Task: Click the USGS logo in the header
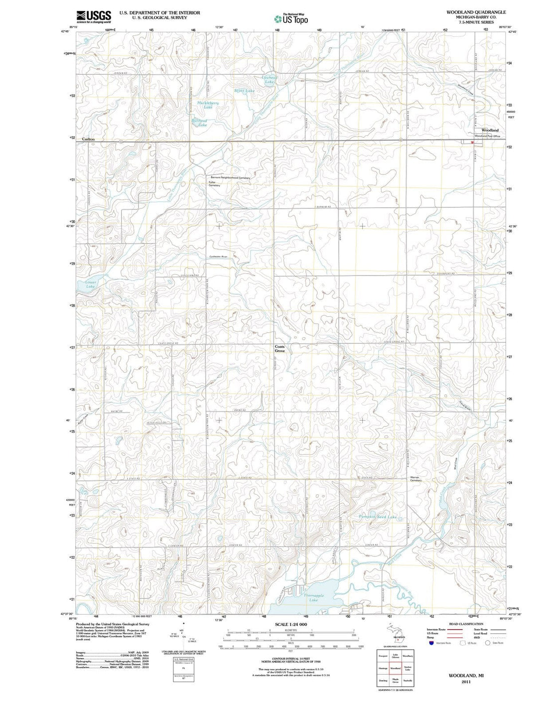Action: pos(94,17)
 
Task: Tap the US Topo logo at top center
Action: pos(291,19)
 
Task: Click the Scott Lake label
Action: pos(244,91)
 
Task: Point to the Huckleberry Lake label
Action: pos(208,105)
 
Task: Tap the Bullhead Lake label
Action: pos(199,123)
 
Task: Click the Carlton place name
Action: pos(88,139)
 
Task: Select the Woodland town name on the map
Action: pos(489,130)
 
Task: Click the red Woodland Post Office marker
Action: pos(472,142)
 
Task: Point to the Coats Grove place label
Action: pos(280,348)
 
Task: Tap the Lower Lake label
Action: pos(91,284)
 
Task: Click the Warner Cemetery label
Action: pos(415,479)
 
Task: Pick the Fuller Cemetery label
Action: pos(214,184)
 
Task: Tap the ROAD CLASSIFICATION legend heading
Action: pos(466,624)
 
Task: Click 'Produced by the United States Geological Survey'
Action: pos(113,624)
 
